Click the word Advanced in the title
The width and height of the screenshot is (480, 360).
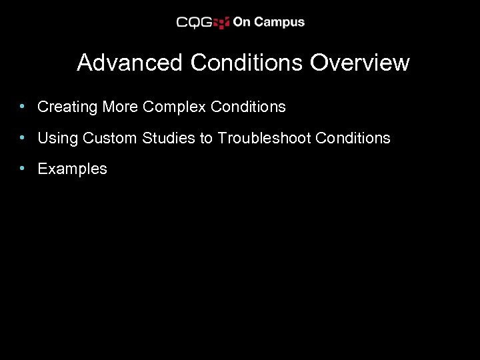coord(129,63)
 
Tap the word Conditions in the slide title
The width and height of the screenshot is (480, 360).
coord(247,63)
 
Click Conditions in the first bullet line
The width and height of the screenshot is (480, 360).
coord(246,107)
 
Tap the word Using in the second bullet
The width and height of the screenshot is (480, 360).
coord(58,138)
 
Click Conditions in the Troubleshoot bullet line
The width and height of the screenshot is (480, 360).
coord(353,138)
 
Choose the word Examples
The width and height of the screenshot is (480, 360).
coord(72,169)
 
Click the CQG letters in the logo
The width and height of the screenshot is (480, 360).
coord(194,22)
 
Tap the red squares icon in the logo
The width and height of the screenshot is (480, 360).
coord(222,22)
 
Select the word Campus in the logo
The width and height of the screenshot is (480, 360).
coord(279,22)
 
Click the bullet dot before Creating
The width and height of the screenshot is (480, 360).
coord(23,106)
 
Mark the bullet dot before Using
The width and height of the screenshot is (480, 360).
coord(23,137)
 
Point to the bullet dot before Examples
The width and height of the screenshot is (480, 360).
coord(23,168)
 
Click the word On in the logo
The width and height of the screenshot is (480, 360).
coord(241,22)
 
